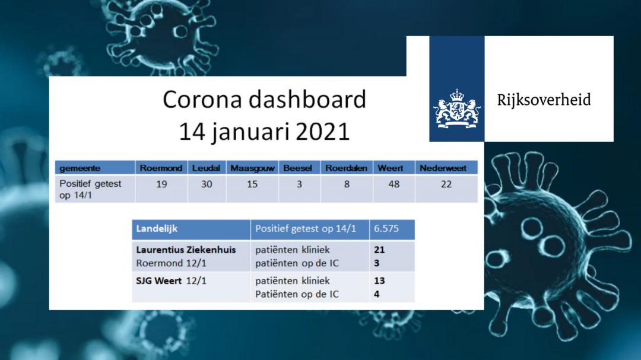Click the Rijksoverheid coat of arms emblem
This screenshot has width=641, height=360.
456,109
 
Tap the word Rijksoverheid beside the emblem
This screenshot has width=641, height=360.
544,100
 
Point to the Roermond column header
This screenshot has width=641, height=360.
161,168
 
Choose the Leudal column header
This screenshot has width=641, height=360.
206,168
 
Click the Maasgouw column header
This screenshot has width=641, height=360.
252,168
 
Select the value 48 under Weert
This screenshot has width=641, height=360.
394,184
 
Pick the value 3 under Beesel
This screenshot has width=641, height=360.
299,184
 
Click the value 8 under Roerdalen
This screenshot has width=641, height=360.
347,184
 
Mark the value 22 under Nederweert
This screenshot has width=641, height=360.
446,184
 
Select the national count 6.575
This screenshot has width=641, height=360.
386,228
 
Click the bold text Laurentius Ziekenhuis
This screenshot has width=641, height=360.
186,250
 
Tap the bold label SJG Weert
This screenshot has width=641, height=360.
159,281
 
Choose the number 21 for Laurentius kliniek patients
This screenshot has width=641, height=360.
379,250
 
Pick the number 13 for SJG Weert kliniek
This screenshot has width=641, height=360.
379,281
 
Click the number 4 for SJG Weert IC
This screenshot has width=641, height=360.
376,294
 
